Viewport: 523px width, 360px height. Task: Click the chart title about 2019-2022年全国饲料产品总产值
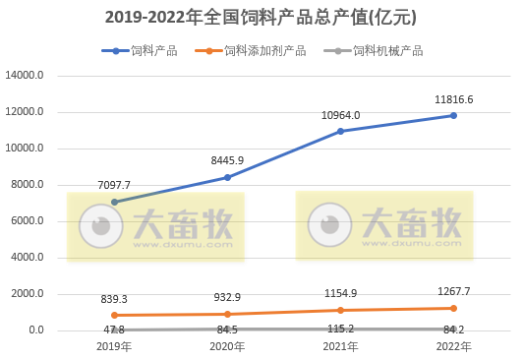click(261, 17)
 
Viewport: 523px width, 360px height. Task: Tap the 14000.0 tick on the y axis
click(26, 76)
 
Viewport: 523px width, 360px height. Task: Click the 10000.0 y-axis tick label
click(26, 149)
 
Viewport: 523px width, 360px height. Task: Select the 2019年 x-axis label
click(114, 346)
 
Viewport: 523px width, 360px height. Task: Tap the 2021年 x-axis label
click(340, 346)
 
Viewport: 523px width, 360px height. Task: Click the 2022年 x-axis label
click(453, 346)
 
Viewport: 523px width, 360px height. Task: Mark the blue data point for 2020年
click(228, 177)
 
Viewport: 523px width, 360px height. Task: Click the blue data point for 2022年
click(453, 116)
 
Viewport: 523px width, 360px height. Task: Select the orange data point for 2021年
click(340, 310)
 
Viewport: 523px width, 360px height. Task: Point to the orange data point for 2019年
click(114, 316)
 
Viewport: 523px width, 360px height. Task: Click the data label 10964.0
click(340, 115)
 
